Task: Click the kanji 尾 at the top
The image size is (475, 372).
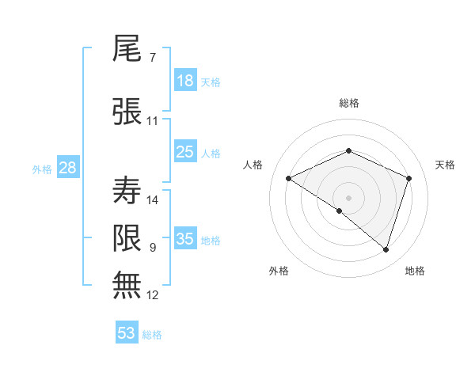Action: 127,49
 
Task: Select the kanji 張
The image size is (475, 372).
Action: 127,111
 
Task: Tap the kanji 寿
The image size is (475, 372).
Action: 127,190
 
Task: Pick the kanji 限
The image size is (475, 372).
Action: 127,237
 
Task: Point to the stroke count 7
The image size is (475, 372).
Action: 152,58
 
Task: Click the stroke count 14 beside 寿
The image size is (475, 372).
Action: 154,199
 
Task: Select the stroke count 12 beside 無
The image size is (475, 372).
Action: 153,295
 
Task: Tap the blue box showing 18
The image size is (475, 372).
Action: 184,81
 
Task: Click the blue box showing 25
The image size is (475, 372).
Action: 184,152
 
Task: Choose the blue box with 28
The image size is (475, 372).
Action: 66,168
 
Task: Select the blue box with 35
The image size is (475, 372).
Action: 184,239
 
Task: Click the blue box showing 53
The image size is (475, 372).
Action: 126,333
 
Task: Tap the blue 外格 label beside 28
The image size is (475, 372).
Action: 41,169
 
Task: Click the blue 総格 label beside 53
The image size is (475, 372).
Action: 152,334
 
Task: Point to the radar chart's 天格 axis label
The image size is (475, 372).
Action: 445,165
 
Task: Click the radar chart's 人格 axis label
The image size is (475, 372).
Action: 253,165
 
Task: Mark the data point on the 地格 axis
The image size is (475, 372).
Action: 386,250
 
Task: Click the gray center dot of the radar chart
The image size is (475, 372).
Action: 348,197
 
